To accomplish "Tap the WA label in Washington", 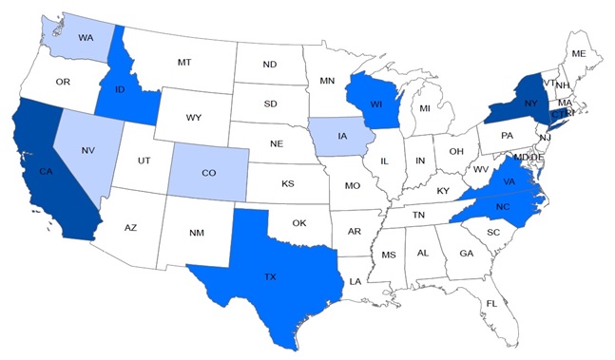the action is [x=85, y=38].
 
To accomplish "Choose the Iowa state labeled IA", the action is [x=340, y=136].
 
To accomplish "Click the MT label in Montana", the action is [x=184, y=62].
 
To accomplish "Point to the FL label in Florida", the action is [x=490, y=303].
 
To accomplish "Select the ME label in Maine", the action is [x=578, y=54].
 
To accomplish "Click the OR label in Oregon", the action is [x=63, y=82].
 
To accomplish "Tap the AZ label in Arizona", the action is [x=131, y=228].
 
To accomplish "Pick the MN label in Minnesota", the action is [x=327, y=81].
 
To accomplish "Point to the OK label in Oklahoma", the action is [x=298, y=223].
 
